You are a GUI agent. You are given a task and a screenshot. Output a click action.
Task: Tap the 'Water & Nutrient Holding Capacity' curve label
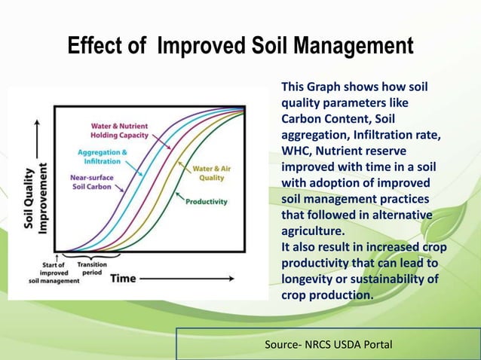119,130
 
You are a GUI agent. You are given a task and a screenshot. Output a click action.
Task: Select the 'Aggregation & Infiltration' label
102,157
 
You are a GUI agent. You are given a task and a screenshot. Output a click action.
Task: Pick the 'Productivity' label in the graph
206,201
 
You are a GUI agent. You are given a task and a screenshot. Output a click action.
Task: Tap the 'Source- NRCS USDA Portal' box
328,344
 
